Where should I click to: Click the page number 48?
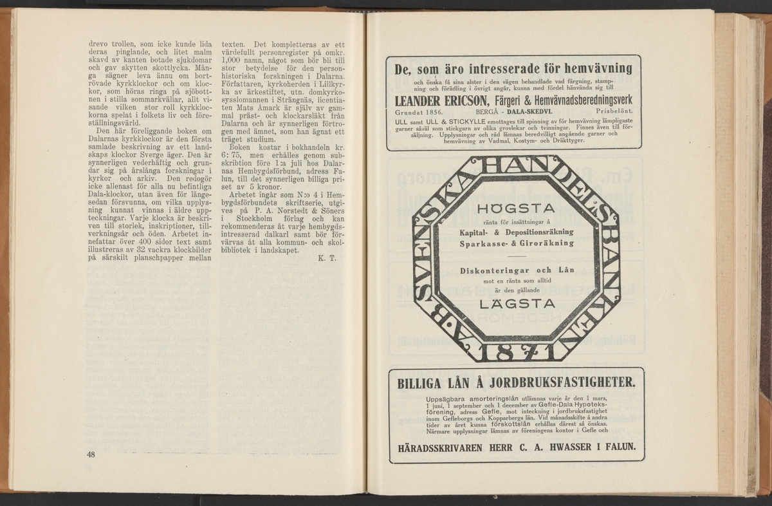(x=91, y=455)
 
